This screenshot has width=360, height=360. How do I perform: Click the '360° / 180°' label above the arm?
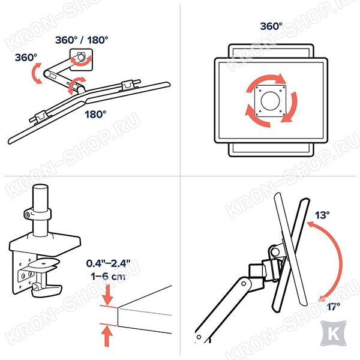tap(82, 40)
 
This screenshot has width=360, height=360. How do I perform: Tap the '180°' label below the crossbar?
tap(95, 115)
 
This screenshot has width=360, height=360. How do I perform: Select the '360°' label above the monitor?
tap(271, 26)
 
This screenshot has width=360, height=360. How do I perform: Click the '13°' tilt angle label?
tap(322, 215)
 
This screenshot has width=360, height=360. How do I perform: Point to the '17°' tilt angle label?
tap(333, 306)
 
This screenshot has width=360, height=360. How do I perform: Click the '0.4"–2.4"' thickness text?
tap(108, 263)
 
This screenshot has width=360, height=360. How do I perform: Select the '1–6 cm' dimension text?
tap(108, 276)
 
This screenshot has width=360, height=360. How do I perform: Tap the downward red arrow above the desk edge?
tap(107, 295)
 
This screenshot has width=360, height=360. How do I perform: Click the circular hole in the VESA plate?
tap(270, 101)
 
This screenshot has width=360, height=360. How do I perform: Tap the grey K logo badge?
tap(334, 333)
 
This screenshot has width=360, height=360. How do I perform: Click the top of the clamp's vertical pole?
tap(40, 187)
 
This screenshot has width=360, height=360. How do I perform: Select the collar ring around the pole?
tap(38, 214)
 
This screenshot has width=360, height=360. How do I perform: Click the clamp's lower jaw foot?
tap(47, 290)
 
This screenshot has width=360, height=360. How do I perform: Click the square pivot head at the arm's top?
tap(81, 59)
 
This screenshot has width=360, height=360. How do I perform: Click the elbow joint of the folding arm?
tap(48, 74)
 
